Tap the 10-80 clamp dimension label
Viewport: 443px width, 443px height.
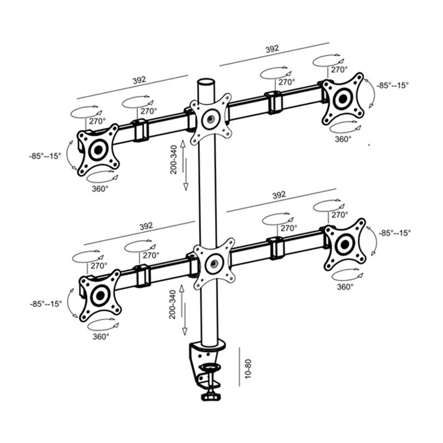(248, 368)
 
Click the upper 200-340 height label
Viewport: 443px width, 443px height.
(173, 160)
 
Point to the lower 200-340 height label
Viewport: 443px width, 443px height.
(173, 305)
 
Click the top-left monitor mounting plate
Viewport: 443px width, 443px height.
(98, 150)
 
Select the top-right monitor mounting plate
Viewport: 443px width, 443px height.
(343, 99)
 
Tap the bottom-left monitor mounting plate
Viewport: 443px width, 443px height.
(100, 296)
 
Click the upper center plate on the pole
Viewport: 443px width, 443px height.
(210, 119)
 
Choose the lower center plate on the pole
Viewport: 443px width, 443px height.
(214, 264)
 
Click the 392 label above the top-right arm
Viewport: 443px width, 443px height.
(272, 49)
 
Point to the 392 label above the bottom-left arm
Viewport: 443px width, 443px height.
(146, 226)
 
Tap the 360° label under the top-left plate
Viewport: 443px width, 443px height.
(100, 188)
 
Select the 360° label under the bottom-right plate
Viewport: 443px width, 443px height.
(345, 287)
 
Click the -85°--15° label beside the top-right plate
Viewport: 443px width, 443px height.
(392, 85)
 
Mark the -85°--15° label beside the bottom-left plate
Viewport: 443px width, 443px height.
(46, 304)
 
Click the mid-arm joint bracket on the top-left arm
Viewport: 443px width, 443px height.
(140, 130)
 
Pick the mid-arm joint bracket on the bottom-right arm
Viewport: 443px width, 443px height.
(276, 248)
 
